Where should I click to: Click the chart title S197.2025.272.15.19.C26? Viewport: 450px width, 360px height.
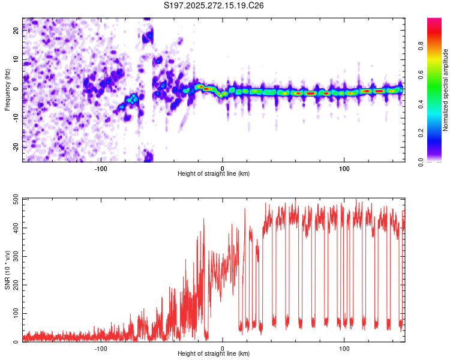214,5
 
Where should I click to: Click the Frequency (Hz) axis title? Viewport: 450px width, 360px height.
7,90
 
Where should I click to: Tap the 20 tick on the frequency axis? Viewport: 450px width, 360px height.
17,31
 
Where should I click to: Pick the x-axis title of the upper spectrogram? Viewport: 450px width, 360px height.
214,173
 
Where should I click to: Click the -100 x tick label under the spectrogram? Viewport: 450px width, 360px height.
100,167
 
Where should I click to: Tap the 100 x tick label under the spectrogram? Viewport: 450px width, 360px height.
344,167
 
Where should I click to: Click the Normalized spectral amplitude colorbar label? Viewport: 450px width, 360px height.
446,90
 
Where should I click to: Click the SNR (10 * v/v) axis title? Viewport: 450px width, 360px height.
7,270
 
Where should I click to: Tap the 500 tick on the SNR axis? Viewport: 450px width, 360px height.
14,199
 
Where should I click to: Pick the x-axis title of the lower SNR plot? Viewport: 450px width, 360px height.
214,354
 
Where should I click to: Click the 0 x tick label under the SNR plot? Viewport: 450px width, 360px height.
223,348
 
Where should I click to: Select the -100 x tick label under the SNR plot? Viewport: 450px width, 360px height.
100,348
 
